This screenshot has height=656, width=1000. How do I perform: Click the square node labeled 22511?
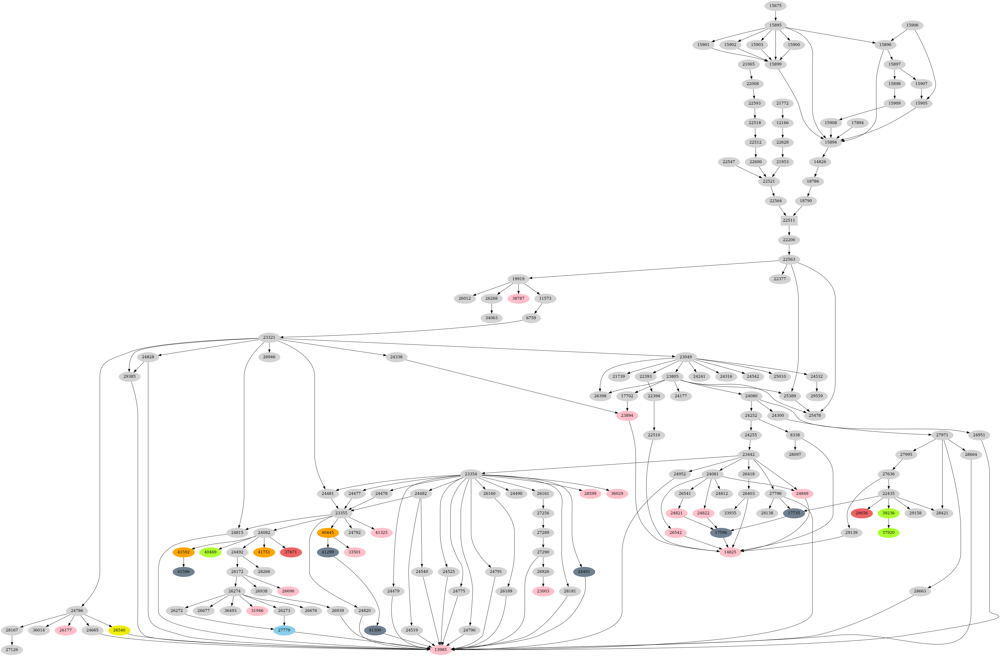[x=789, y=220]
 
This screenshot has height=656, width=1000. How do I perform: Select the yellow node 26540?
[x=119, y=630]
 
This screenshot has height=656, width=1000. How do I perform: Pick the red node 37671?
[x=291, y=552]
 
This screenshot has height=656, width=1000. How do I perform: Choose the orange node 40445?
[x=327, y=533]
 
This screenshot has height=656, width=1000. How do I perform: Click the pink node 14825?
[x=730, y=552]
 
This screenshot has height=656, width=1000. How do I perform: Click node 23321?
[x=269, y=337]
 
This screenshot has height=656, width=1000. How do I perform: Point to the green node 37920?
[x=888, y=533]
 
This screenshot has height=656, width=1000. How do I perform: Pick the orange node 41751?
[x=264, y=552]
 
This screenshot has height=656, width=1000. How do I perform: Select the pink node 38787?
[x=518, y=298]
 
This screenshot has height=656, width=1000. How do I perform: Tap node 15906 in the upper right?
[x=912, y=25]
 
